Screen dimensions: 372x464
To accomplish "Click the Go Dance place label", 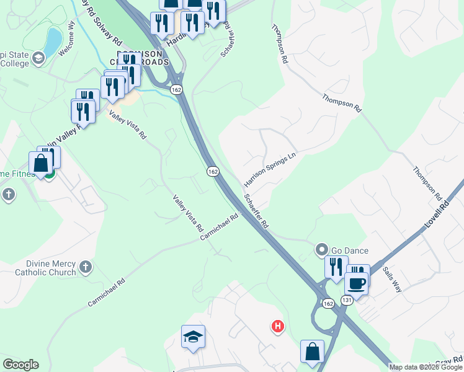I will point(350,250).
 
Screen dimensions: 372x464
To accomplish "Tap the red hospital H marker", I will point(278,325).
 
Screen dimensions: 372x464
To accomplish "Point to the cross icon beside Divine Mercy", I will point(85,267).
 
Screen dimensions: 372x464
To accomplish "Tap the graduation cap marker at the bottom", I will point(193,337).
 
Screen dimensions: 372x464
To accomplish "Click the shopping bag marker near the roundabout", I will point(312,352).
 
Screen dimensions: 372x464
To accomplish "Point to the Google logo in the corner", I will point(20,365).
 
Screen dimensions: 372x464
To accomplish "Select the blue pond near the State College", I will point(53,40).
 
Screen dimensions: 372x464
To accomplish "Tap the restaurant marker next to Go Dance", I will point(336,267).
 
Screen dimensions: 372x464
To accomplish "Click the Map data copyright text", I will point(426,367).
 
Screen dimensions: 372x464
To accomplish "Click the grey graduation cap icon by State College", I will point(38,58).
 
